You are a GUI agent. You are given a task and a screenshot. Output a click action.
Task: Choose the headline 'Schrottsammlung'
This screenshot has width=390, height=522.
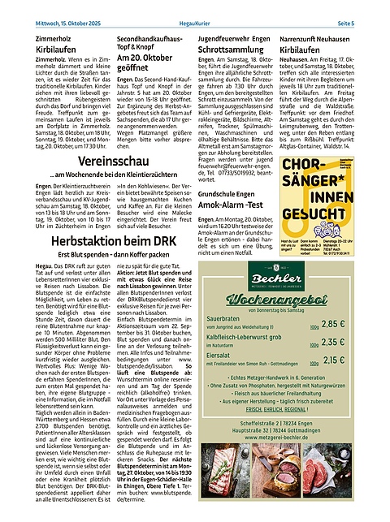[x=241, y=50]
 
